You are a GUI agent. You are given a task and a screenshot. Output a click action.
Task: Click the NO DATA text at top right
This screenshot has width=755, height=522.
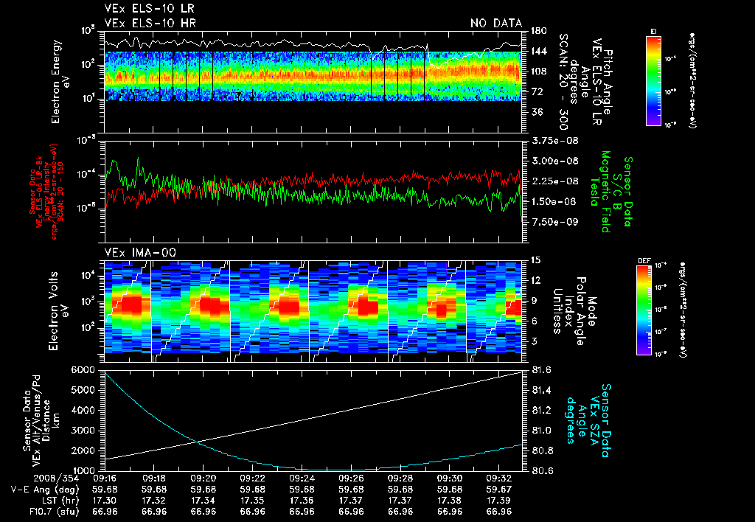coord(496,24)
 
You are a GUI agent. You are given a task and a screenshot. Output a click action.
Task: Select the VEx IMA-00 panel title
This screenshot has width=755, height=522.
coord(135,252)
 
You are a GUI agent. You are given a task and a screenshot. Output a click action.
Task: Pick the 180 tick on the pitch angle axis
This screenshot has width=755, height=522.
coord(538,31)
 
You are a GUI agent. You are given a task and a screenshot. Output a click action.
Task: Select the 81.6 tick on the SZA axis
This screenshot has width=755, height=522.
coord(542,369)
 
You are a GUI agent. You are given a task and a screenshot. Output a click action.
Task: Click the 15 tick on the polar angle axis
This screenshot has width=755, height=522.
coord(535,260)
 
